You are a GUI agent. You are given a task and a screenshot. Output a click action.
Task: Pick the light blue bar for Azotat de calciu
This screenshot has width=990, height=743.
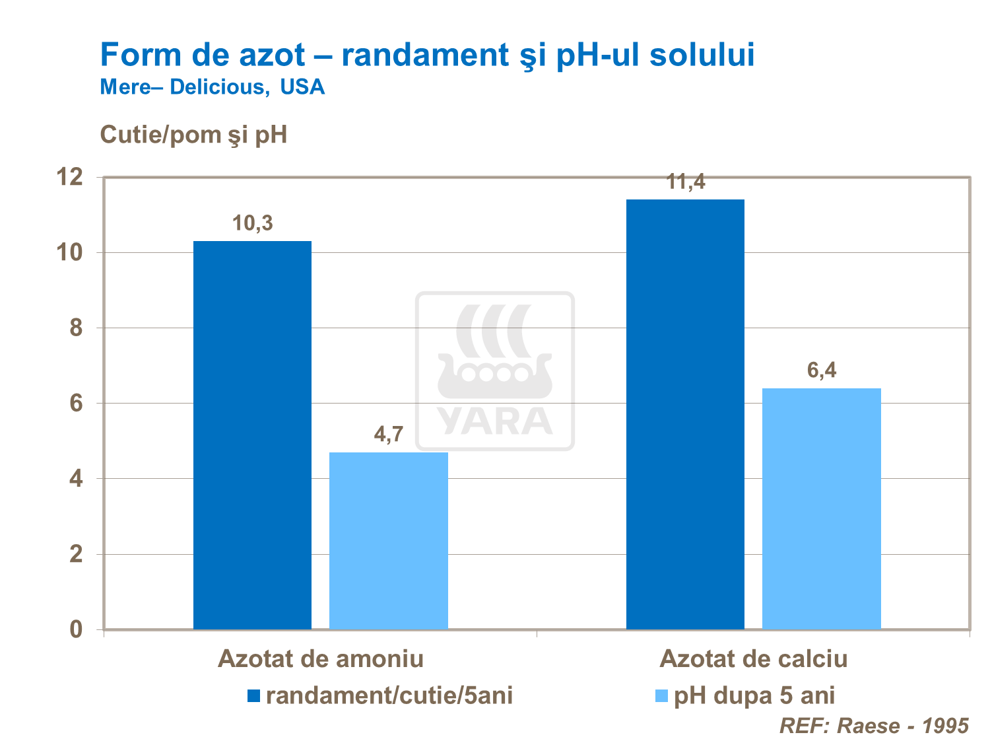(821, 509)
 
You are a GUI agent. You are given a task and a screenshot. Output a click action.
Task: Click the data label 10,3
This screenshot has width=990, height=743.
(252, 224)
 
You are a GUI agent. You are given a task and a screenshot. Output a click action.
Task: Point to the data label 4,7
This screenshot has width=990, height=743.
(388, 435)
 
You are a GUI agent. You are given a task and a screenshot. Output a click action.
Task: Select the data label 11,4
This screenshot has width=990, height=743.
(686, 182)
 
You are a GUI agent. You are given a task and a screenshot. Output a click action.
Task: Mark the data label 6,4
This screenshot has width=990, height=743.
(822, 371)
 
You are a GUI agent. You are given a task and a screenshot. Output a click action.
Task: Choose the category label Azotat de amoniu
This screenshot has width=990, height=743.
(321, 658)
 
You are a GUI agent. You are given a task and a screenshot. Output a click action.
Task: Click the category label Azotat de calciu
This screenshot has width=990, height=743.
(753, 658)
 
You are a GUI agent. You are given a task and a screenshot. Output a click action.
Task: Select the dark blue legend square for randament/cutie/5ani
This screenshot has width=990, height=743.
(254, 695)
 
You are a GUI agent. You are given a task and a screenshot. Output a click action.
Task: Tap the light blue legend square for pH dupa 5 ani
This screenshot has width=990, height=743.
(661, 695)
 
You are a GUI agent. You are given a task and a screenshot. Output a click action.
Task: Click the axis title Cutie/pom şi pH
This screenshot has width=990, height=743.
(193, 135)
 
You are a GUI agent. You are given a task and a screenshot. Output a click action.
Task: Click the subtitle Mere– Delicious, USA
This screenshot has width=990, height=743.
(212, 87)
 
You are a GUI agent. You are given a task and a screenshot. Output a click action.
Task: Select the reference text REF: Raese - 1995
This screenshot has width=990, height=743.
(874, 726)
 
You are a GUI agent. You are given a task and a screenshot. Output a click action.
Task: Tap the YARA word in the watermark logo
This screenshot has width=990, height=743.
(494, 421)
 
